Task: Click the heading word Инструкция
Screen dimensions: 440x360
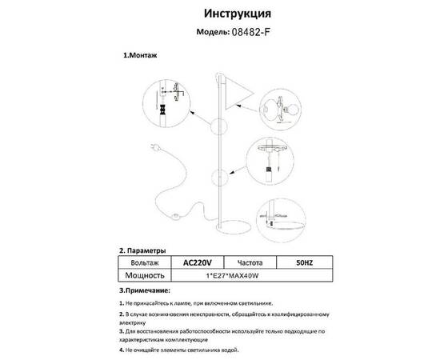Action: pos(238,14)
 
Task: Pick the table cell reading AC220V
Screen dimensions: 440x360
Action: pos(197,262)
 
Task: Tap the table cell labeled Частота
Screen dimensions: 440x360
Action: pos(247,262)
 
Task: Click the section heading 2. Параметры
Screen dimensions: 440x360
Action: pos(142,250)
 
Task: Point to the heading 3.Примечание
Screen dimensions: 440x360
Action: pos(145,289)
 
